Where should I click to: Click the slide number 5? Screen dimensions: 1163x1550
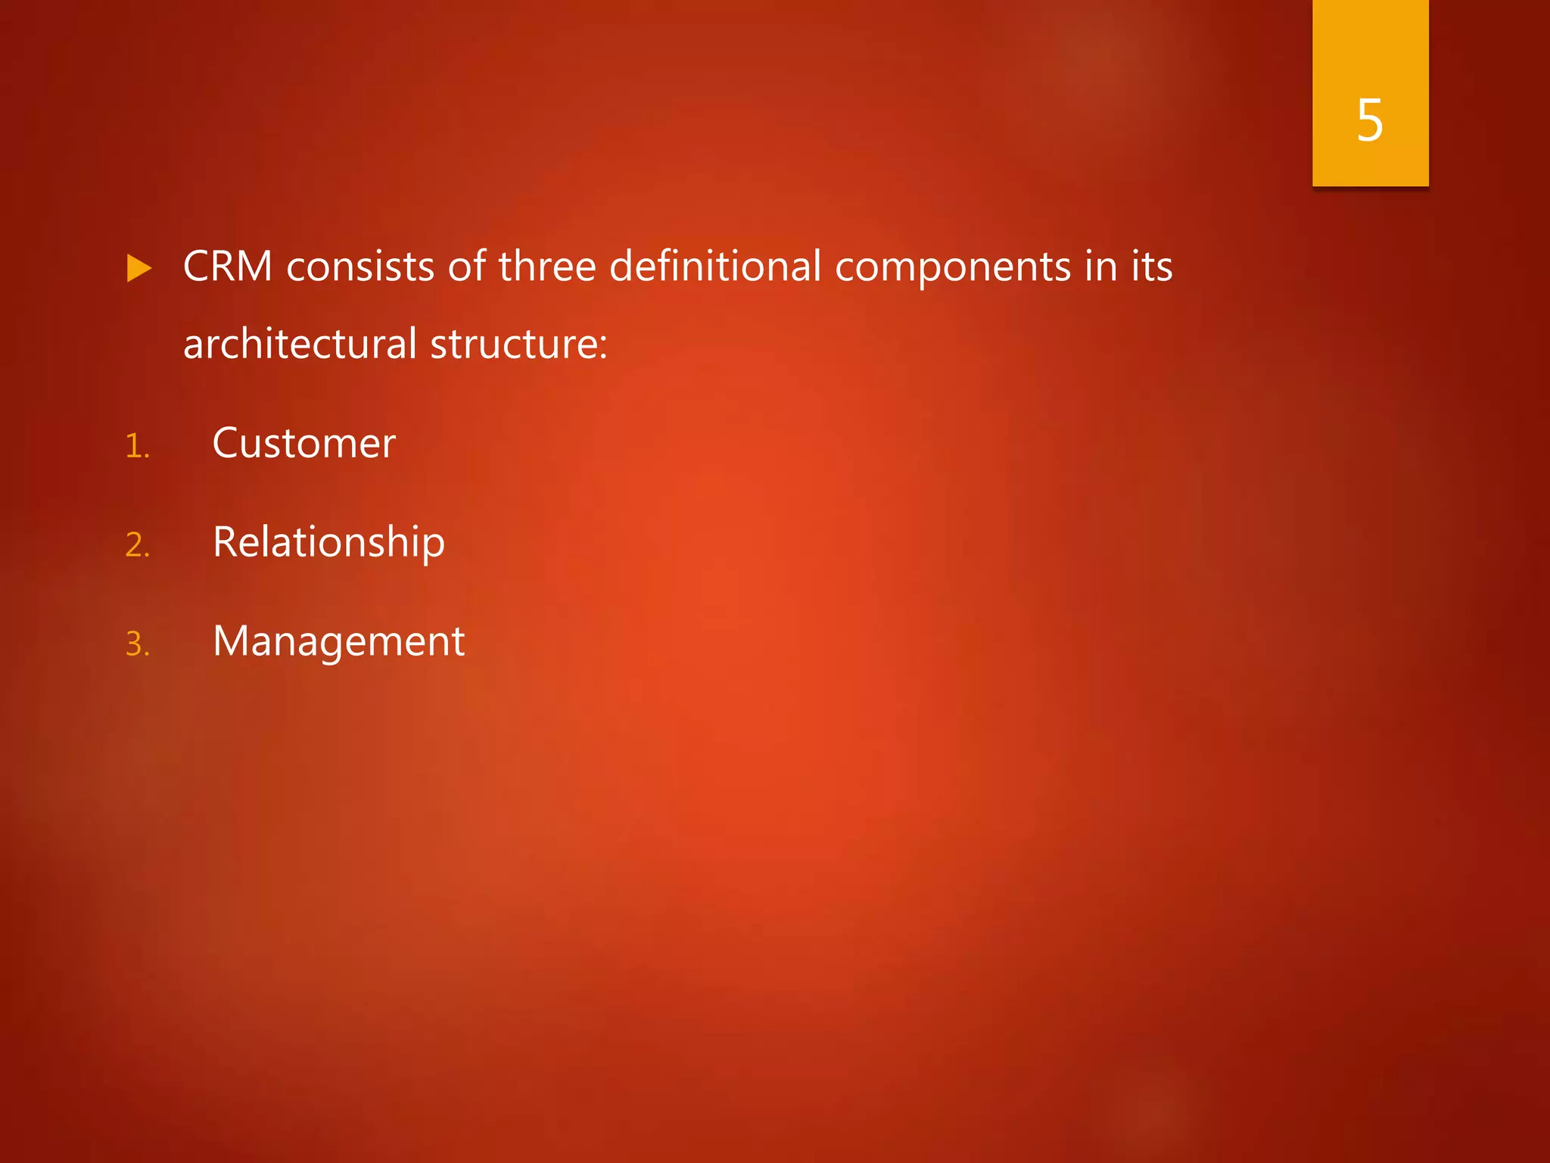click(x=1370, y=121)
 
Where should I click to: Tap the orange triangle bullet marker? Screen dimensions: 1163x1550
click(x=139, y=268)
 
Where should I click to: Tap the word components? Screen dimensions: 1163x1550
click(x=953, y=268)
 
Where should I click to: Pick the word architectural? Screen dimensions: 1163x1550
click(x=300, y=344)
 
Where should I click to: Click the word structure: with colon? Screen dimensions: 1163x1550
click(x=518, y=344)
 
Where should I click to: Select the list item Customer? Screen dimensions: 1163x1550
click(x=303, y=443)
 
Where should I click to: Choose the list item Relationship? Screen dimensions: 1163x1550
click(x=328, y=543)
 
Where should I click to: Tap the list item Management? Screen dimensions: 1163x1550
click(x=338, y=642)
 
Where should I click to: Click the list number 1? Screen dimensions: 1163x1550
click(x=137, y=446)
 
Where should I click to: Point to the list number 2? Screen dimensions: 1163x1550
click(x=138, y=545)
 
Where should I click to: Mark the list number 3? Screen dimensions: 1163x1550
click(x=138, y=644)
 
